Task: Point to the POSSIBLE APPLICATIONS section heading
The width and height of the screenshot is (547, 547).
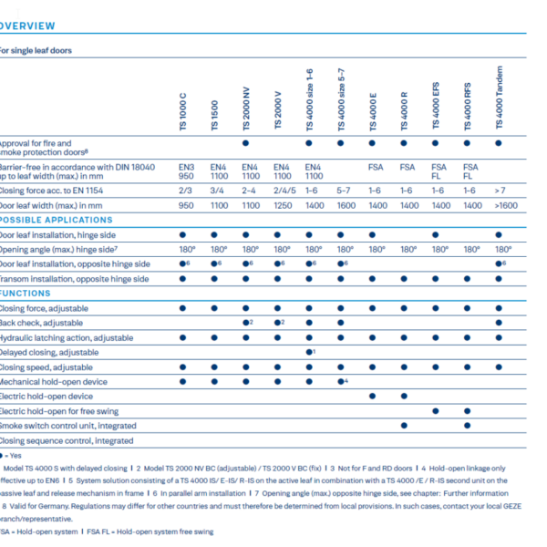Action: coord(57,220)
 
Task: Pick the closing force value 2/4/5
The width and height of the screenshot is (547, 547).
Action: coord(282,191)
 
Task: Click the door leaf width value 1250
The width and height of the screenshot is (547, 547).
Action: coord(282,206)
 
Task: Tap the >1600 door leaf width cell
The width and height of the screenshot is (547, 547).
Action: coord(501,206)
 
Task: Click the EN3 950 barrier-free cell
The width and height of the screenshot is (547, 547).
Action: coord(186,172)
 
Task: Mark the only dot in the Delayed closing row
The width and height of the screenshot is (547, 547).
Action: coord(309,352)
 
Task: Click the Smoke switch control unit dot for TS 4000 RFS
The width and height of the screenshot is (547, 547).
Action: coord(469,426)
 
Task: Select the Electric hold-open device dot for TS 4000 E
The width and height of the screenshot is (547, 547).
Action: coord(373,396)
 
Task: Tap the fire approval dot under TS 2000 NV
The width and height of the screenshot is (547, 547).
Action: coord(246,144)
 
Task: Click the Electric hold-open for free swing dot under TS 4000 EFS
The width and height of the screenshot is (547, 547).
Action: coord(437,411)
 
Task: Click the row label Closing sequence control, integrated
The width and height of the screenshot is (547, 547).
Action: coord(67,440)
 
